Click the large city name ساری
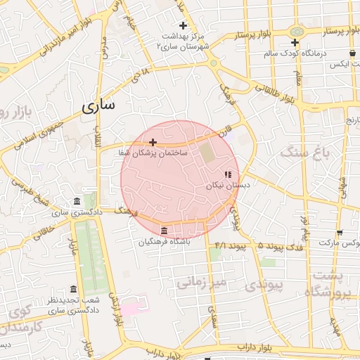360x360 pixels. (x=98, y=106)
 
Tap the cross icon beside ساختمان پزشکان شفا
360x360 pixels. (x=153, y=142)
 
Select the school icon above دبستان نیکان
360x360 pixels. (x=228, y=174)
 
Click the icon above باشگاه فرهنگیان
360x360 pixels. (x=164, y=231)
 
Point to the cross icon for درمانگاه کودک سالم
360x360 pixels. (x=295, y=43)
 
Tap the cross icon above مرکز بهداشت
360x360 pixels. (x=183, y=26)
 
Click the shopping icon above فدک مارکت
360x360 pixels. (x=340, y=233)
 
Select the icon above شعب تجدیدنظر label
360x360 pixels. (x=74, y=289)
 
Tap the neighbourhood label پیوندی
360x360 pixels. (x=266, y=285)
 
